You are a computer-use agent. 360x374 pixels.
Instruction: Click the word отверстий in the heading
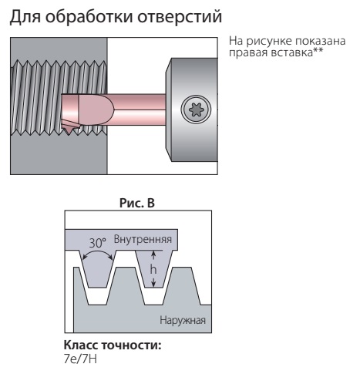(x=180, y=17)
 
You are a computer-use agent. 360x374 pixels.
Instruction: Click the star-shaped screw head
(x=197, y=110)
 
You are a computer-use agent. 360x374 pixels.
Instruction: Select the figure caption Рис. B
(x=137, y=203)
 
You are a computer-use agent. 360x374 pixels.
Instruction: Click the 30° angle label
(x=97, y=242)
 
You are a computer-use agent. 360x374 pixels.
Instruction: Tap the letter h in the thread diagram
(x=153, y=269)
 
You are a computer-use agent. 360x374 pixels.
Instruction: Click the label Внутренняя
(x=143, y=239)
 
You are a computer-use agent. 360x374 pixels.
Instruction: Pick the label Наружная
(x=183, y=321)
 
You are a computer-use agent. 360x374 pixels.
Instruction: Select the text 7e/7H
(x=80, y=359)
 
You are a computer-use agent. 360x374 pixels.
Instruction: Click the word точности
(x=131, y=345)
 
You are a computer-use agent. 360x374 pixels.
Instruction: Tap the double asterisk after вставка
(x=318, y=51)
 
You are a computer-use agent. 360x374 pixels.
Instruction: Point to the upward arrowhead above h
(x=153, y=254)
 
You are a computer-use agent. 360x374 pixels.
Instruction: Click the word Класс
(x=81, y=345)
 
